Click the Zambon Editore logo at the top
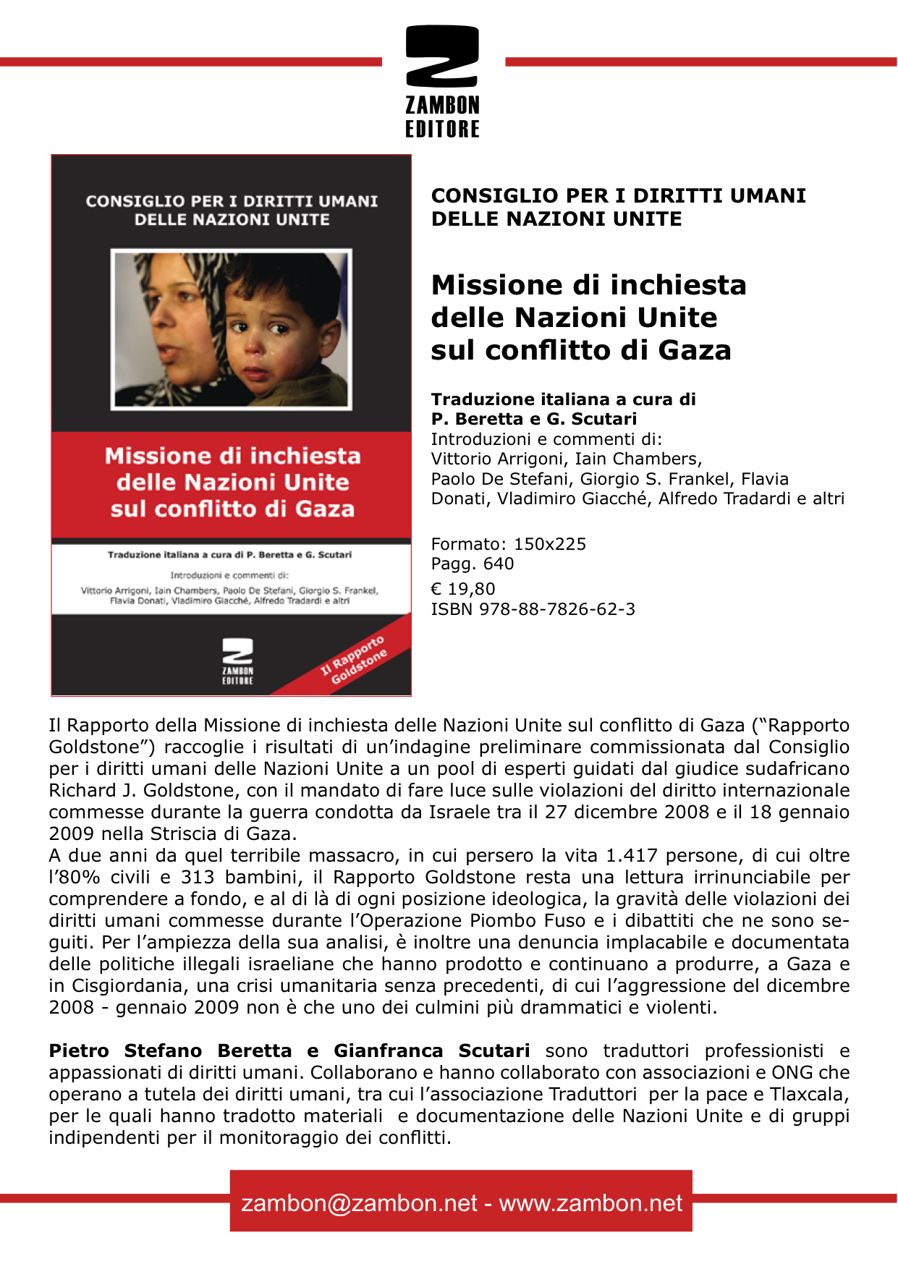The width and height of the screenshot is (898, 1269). tap(442, 81)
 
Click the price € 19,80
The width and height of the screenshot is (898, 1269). tap(463, 589)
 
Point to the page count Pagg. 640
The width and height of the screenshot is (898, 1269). tap(473, 564)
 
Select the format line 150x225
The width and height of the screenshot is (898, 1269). tap(549, 544)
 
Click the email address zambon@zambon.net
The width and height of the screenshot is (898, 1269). tap(359, 1202)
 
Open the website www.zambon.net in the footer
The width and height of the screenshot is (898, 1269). tap(590, 1202)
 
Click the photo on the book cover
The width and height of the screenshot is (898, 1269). tap(231, 330)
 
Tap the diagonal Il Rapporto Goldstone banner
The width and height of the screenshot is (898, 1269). tap(355, 659)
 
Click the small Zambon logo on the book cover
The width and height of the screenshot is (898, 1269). tap(237, 660)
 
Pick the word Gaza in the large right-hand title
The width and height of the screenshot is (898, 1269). tap(695, 350)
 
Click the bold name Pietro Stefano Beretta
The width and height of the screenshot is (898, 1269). tap(171, 1051)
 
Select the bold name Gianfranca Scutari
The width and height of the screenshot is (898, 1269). tap(431, 1051)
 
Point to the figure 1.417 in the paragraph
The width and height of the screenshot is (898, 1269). tap(631, 855)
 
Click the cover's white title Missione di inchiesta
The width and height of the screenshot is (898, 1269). tap(232, 456)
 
